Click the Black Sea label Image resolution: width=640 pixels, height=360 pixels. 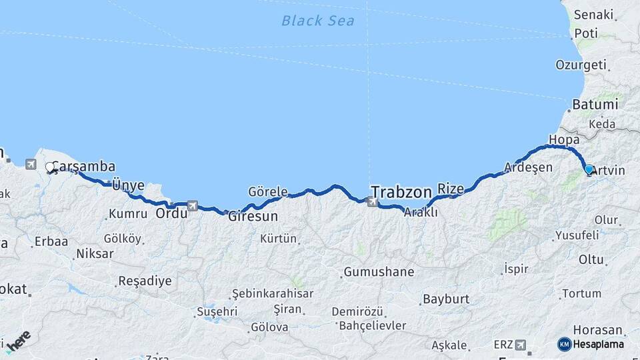click(x=317, y=21)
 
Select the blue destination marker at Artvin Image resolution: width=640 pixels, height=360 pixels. click(x=589, y=169)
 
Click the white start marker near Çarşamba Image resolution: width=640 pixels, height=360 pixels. click(x=50, y=167)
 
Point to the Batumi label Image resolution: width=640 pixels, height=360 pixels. click(x=595, y=105)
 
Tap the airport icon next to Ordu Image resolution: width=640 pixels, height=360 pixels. click(x=193, y=205)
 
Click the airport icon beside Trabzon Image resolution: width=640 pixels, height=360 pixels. click(x=372, y=200)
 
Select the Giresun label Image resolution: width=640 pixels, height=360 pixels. click(x=253, y=217)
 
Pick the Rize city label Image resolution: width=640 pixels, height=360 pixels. click(x=451, y=189)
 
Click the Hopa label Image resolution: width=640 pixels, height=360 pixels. click(x=563, y=139)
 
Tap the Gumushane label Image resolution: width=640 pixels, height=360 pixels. click(x=379, y=272)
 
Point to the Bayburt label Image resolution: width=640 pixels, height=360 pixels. click(x=446, y=299)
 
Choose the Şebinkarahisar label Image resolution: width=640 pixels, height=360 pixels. click(x=271, y=294)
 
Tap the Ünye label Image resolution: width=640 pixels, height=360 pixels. click(x=128, y=185)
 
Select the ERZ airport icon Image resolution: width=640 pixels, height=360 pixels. click(x=520, y=345)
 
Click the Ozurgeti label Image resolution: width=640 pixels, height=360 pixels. click(x=581, y=65)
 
